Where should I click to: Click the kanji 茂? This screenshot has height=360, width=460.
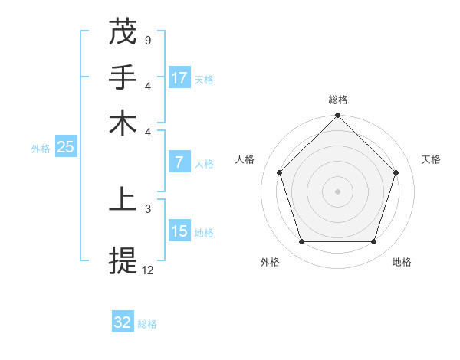click(123, 31)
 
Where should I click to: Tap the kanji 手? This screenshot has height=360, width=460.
click(123, 77)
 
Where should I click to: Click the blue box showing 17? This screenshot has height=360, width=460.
click(179, 77)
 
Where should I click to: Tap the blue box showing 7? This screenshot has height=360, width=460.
click(179, 162)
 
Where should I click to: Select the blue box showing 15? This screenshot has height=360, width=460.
click(179, 231)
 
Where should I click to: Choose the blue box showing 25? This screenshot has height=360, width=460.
click(65, 147)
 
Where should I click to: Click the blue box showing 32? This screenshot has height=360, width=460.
click(123, 322)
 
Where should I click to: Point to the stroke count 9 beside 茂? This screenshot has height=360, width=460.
click(147, 39)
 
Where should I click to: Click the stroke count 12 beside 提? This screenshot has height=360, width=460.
click(148, 270)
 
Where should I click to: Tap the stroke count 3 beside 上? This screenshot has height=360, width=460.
click(147, 208)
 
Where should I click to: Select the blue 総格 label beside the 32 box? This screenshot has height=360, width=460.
click(147, 324)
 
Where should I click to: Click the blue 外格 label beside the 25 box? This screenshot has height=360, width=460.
click(41, 149)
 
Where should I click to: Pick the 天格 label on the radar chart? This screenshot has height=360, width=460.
click(431, 159)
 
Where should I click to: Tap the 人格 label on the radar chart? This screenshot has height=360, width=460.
click(245, 159)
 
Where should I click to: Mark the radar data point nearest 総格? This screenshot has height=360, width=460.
click(337, 116)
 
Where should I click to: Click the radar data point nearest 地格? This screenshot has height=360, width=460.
click(373, 242)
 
